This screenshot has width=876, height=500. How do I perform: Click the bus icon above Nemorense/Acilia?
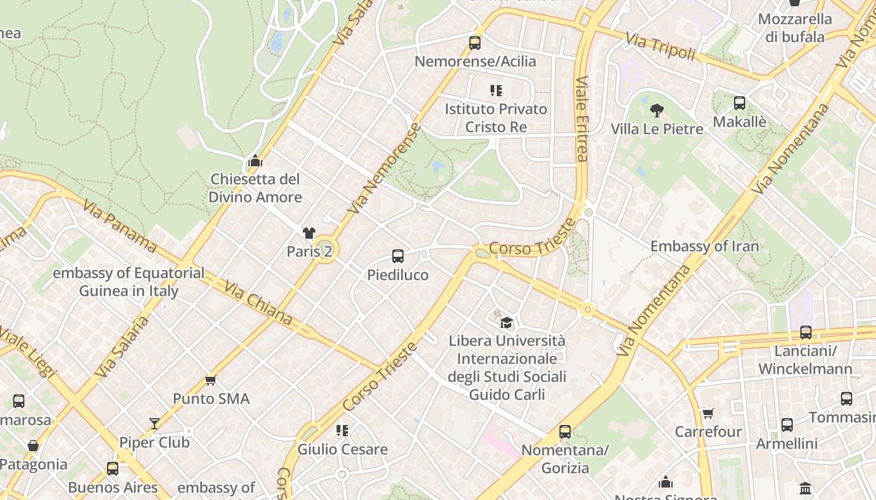[475, 43]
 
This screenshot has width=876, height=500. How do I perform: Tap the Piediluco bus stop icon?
[398, 256]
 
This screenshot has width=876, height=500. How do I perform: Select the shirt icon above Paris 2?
[309, 233]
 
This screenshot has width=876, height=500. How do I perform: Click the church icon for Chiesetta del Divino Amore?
[255, 161]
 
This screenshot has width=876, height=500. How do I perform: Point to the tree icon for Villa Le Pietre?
[657, 111]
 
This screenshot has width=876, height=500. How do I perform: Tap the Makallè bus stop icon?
[740, 103]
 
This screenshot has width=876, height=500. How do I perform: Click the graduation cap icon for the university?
[506, 322]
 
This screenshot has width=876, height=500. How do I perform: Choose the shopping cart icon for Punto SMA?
[211, 380]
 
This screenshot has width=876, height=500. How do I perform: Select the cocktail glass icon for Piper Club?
[155, 424]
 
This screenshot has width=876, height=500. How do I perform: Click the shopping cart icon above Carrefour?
[708, 413]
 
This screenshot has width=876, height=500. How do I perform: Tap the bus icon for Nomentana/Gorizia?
[565, 431]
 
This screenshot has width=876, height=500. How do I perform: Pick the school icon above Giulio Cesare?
[342, 430]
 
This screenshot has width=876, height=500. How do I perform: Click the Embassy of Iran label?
[705, 246]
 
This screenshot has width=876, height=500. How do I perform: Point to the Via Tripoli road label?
[661, 48]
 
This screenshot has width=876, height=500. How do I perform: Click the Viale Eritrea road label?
[583, 119]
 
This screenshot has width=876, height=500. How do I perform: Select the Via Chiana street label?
[258, 304]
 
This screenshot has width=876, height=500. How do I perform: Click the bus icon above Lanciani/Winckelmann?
[806, 332]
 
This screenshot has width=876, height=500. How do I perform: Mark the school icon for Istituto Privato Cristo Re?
[496, 91]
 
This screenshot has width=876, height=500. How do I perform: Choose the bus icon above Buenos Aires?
[113, 468]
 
